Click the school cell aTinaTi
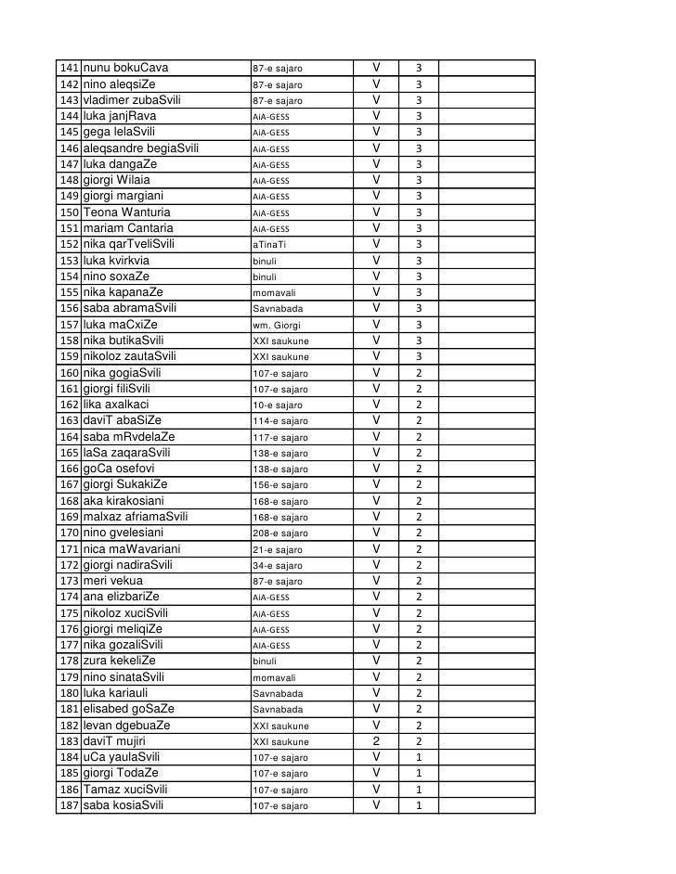[x=269, y=245]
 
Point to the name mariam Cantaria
[x=128, y=228]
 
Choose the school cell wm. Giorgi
[x=276, y=325]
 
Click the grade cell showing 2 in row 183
[x=378, y=741]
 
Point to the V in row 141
[x=378, y=69]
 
